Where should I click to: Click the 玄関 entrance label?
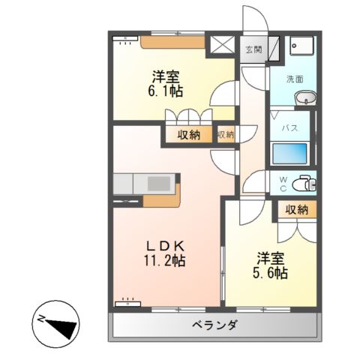(x=253, y=50)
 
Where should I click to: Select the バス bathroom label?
(x=290, y=127)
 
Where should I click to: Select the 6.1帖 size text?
(x=165, y=91)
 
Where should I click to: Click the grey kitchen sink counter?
(x=146, y=184)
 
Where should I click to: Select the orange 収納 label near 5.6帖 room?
(x=296, y=211)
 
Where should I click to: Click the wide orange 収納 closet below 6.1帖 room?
(x=189, y=135)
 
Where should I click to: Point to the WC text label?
(x=283, y=183)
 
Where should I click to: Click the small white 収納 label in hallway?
(x=225, y=135)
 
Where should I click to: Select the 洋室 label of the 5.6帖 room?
(x=271, y=258)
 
